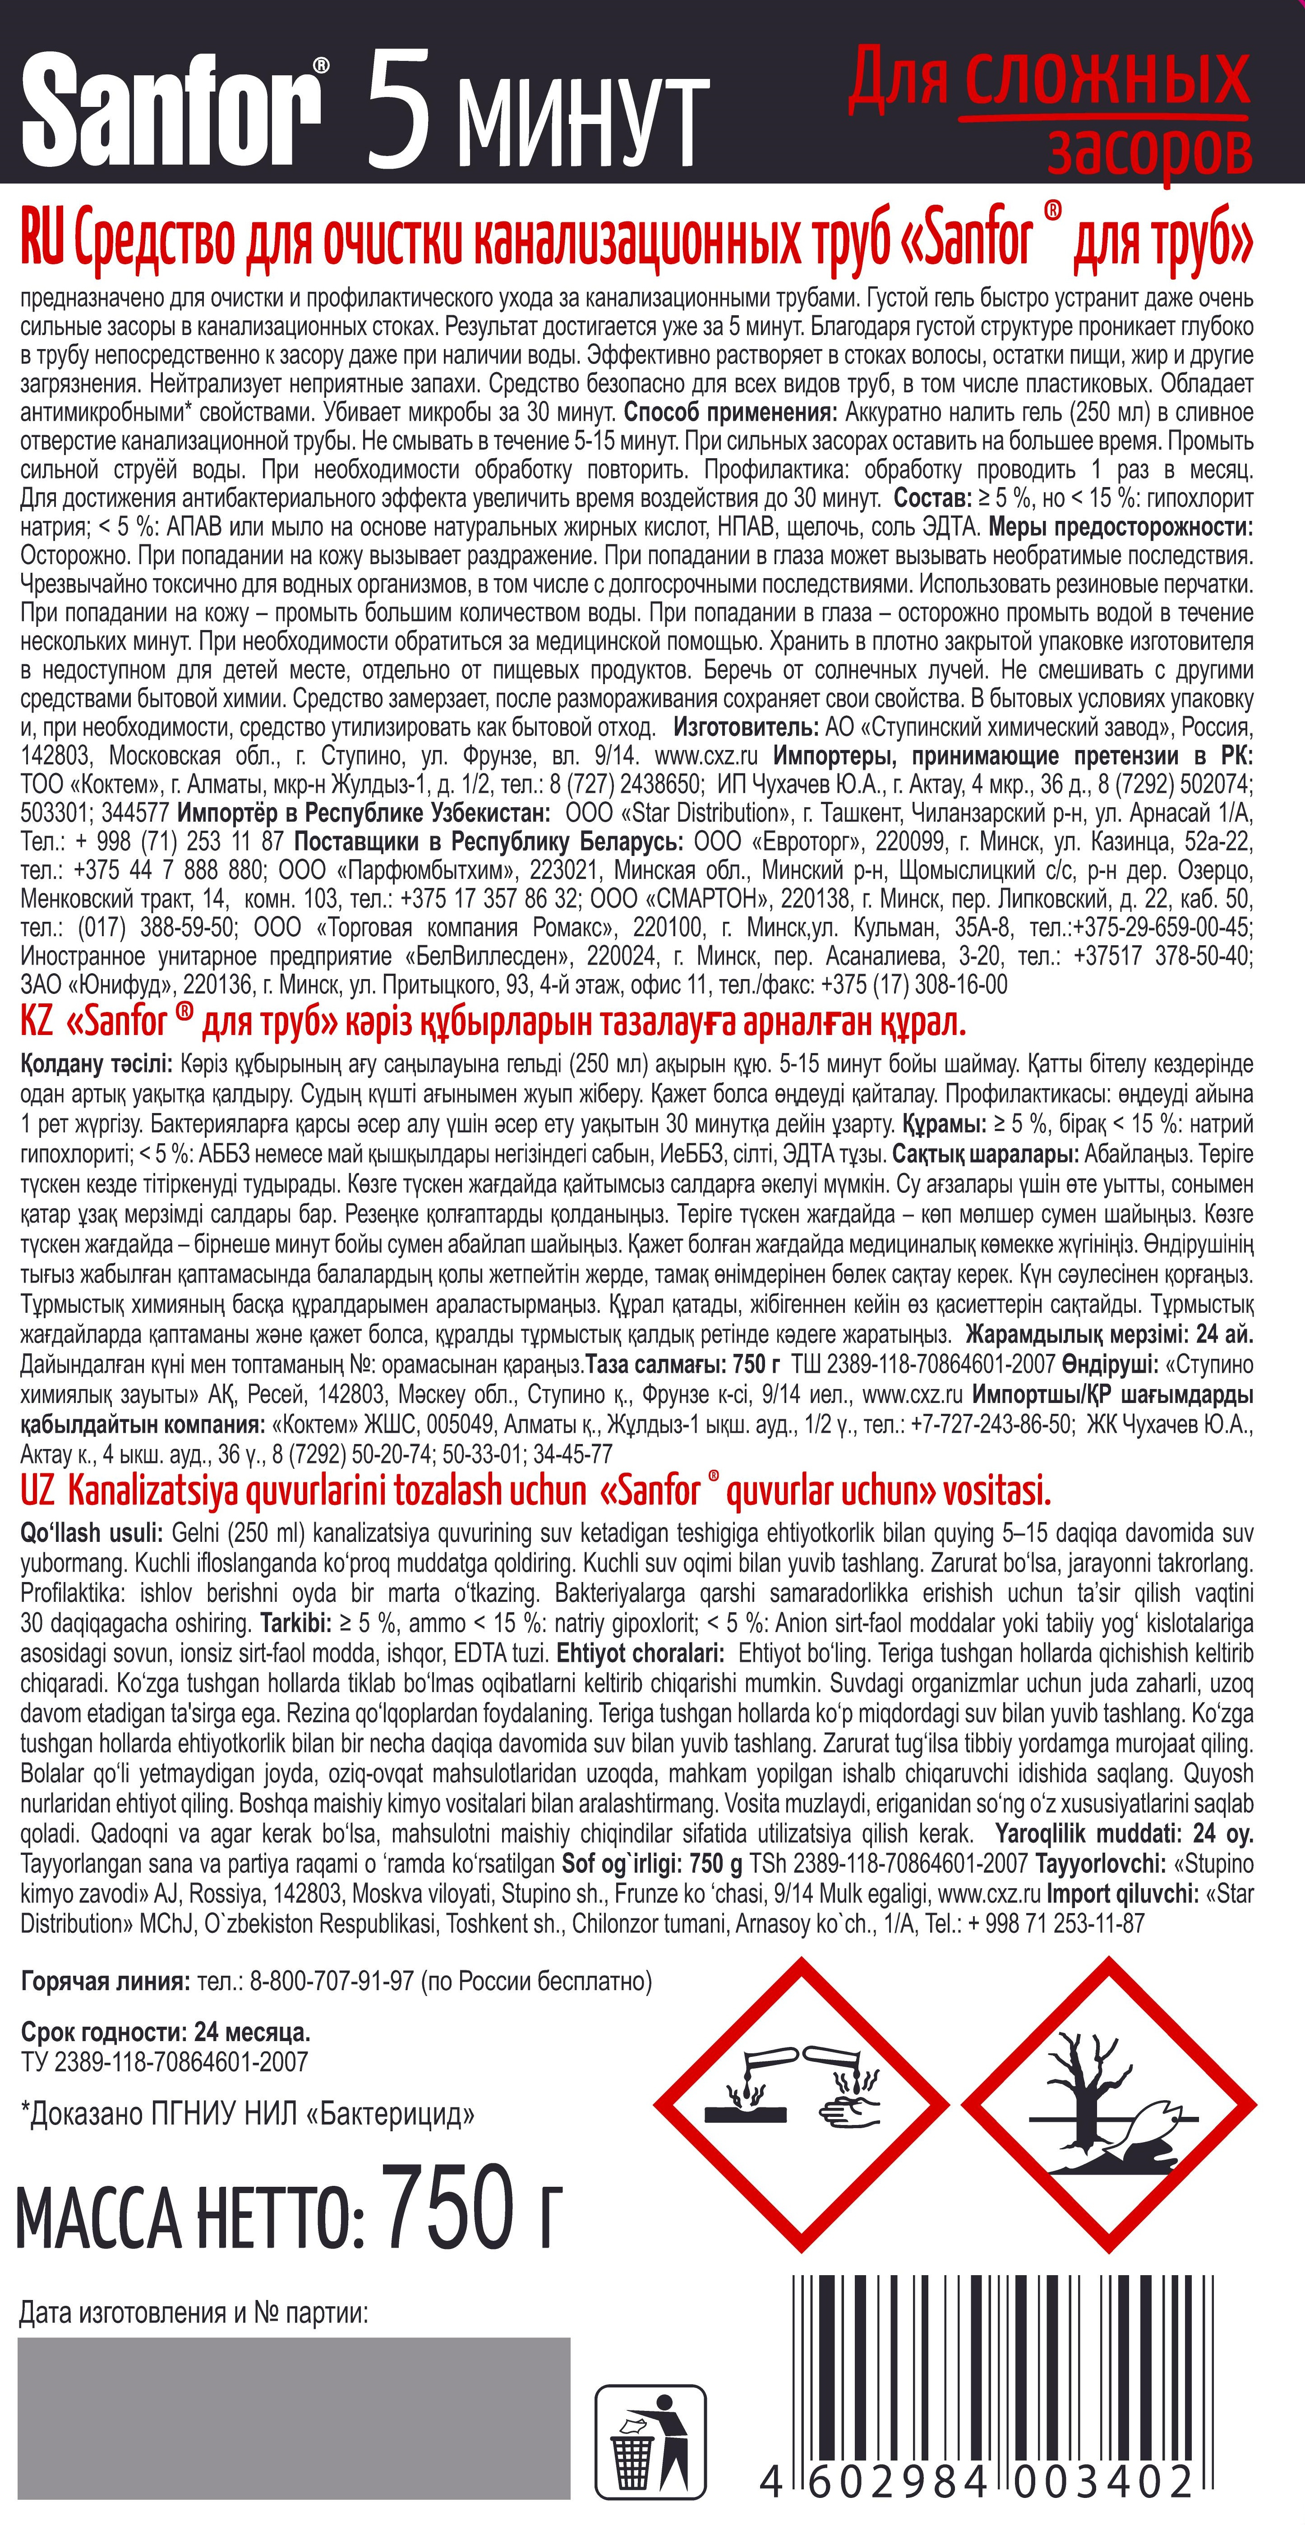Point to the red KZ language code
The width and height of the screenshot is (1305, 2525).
click(x=36, y=1022)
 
